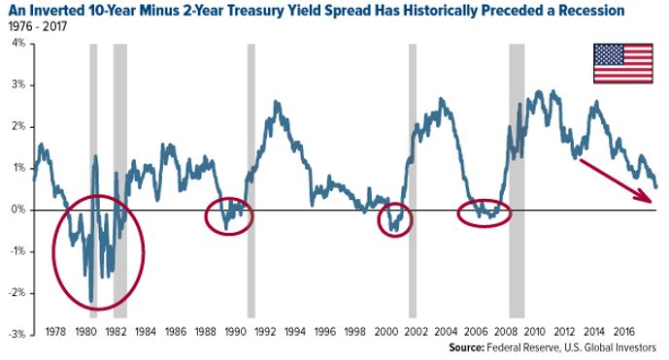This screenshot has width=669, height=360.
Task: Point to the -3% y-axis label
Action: pyautogui.click(x=17, y=334)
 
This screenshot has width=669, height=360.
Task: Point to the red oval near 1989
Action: pyautogui.click(x=229, y=215)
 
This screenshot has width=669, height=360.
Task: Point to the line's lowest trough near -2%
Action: pyautogui.click(x=90, y=301)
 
